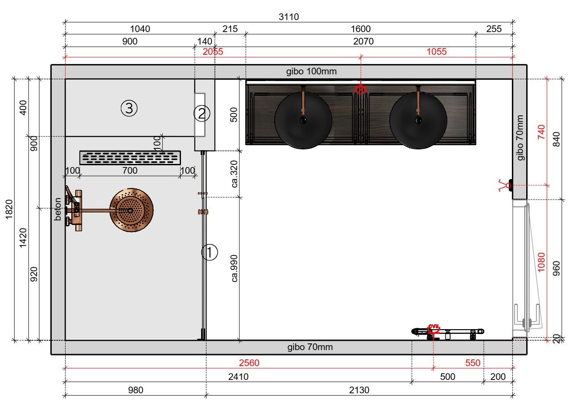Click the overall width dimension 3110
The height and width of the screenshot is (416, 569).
point(289,17)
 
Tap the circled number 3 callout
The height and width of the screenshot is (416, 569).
point(129,108)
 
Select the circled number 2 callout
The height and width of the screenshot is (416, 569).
point(202,114)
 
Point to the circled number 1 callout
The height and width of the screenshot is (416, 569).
point(210,252)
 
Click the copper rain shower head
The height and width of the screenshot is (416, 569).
point(132,210)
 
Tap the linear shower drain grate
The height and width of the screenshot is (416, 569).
point(130,158)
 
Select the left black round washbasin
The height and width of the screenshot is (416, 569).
point(303,120)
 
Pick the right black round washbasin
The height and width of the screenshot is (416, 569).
point(418,120)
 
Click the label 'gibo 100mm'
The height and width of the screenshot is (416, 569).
point(311,71)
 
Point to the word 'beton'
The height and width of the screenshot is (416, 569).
point(58,209)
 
